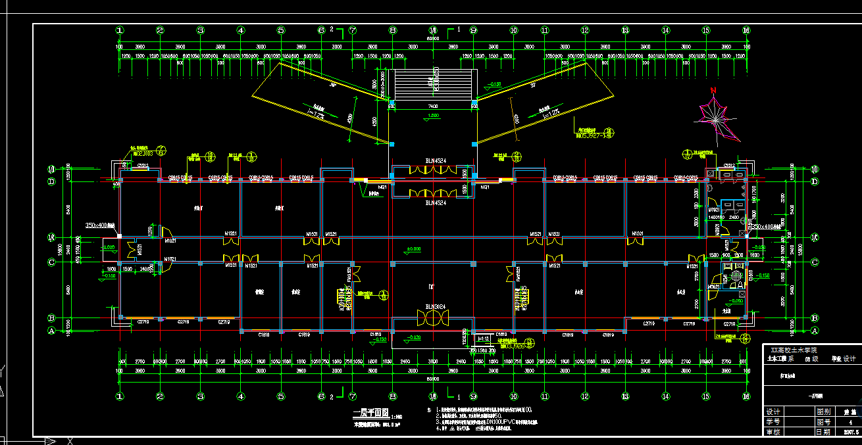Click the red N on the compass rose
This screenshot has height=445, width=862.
coord(713,91)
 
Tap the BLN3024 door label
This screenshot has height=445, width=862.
coord(435,307)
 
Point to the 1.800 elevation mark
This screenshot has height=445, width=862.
coord(434,116)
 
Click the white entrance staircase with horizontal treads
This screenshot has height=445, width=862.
coord(432,85)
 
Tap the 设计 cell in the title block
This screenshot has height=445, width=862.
coord(773,411)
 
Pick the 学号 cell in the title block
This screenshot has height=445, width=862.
coord(773,422)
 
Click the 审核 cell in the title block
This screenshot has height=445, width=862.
coord(773,433)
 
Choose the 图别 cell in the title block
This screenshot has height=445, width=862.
coord(823,411)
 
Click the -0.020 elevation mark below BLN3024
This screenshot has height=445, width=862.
coord(415,337)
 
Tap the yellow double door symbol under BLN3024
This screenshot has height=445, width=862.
coord(432,319)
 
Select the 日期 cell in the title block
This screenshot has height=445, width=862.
coord(823,433)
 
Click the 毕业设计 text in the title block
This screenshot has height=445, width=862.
coord(844,359)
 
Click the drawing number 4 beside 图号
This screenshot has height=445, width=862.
coord(850,422)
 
